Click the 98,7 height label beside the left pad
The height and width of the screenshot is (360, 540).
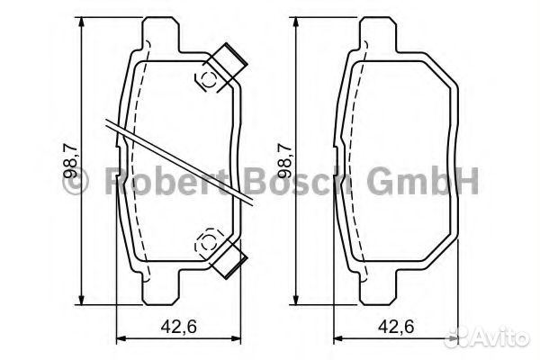pos(71,161)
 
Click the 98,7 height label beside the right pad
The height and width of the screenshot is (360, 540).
pos(284,161)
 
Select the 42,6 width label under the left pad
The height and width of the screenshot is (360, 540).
pos(179,326)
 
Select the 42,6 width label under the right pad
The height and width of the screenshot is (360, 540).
pos(396,326)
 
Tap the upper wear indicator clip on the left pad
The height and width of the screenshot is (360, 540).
pos(227,66)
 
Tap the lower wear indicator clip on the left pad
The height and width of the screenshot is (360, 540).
pos(228,258)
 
